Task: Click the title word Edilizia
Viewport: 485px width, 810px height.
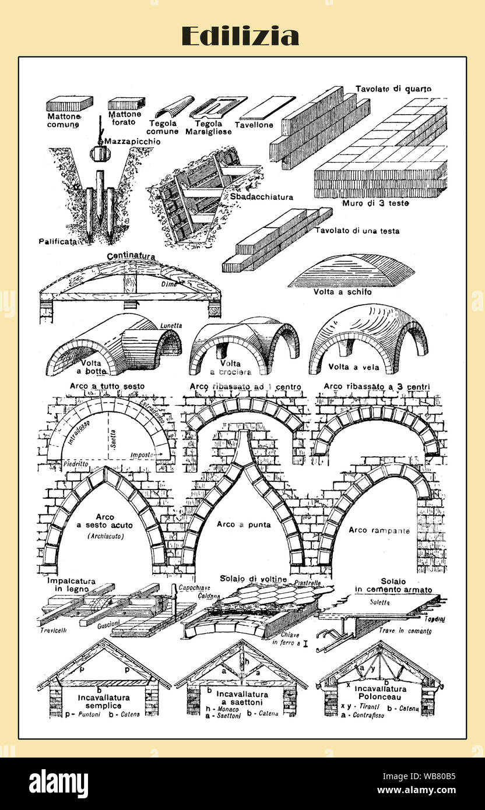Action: (240, 36)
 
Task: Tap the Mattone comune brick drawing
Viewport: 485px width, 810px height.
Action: (69, 103)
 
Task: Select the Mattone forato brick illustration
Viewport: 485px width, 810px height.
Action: (126, 104)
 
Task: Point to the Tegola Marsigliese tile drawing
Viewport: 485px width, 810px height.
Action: (217, 107)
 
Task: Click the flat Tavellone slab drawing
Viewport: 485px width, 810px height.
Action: (267, 108)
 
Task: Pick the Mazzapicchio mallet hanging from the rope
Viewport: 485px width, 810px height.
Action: (100, 154)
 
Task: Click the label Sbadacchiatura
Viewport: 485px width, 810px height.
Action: (261, 197)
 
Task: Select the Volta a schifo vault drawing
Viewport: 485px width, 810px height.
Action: (351, 271)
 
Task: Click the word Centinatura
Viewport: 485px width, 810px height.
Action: (131, 256)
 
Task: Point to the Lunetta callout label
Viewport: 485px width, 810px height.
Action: (171, 325)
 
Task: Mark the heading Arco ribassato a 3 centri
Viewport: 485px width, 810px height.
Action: (381, 386)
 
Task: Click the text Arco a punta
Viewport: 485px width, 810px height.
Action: (244, 524)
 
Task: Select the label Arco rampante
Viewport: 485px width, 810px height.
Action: (379, 530)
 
